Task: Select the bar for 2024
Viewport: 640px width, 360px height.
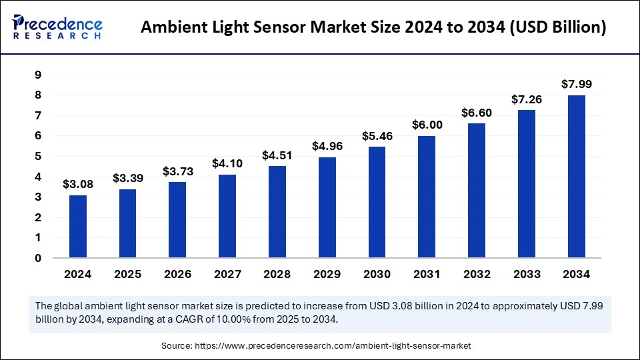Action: click(x=78, y=227)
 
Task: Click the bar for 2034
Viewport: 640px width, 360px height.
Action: click(x=577, y=177)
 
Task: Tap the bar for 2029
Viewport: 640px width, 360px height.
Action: click(x=327, y=207)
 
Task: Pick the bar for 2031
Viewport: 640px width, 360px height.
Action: click(x=427, y=197)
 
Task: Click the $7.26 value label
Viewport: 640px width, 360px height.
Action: click(x=527, y=99)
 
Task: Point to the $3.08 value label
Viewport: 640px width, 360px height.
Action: click(x=78, y=184)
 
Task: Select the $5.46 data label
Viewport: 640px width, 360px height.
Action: click(x=377, y=136)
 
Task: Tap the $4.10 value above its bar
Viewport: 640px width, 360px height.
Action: click(x=227, y=163)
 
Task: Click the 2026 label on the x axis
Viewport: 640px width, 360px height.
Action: click(x=177, y=274)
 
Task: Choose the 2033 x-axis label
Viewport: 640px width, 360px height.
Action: click(x=527, y=274)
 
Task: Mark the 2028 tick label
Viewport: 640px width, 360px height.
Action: click(x=277, y=274)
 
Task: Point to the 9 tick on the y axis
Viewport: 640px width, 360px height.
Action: click(x=38, y=75)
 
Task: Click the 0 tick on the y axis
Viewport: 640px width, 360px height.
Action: click(x=38, y=258)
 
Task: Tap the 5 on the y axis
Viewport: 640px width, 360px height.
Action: click(x=38, y=157)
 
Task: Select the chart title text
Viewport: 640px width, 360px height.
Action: click(x=374, y=28)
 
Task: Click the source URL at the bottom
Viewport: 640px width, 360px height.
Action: click(x=331, y=346)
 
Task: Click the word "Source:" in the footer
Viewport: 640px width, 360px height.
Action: click(x=175, y=346)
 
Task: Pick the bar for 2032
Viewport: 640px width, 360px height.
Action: click(x=477, y=191)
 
